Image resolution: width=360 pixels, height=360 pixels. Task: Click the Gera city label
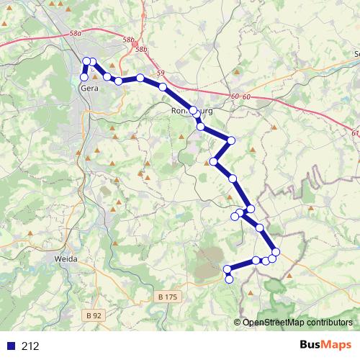pyautogui.click(x=89, y=89)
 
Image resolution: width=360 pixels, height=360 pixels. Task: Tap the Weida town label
pyautogui.click(x=66, y=257)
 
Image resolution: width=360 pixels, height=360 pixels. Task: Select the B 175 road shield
pyautogui.click(x=166, y=297)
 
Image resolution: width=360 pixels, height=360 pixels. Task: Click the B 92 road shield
pyautogui.click(x=93, y=315)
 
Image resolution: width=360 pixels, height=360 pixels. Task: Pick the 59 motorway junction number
pyautogui.click(x=160, y=73)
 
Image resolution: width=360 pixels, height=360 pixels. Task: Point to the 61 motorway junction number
pyautogui.click(x=355, y=132)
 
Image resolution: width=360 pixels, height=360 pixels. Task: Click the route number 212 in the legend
pyautogui.click(x=30, y=346)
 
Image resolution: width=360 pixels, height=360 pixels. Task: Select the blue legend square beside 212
pyautogui.click(x=10, y=346)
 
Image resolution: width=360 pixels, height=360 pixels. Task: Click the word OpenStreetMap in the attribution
pyautogui.click(x=270, y=323)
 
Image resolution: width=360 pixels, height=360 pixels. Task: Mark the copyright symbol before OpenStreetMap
pyautogui.click(x=238, y=323)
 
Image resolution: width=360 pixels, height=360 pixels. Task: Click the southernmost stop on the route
pyautogui.click(x=230, y=279)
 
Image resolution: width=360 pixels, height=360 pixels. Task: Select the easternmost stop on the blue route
pyautogui.click(x=276, y=251)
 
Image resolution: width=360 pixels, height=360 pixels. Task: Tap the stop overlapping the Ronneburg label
pyautogui.click(x=193, y=110)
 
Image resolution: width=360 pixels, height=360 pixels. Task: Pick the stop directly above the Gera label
pyautogui.click(x=84, y=77)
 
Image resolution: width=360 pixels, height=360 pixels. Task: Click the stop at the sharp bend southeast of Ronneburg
pyautogui.click(x=232, y=140)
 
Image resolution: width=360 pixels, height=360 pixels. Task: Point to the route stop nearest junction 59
pyautogui.click(x=163, y=87)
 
